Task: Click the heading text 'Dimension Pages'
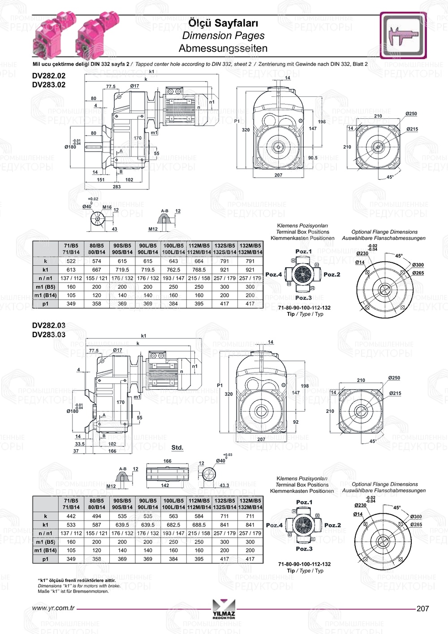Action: (x=223, y=35)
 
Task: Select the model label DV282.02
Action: (x=49, y=76)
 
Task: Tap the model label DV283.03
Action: (x=49, y=334)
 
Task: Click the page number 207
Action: (x=422, y=608)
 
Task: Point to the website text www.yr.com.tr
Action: (x=53, y=608)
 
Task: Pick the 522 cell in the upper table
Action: (x=71, y=261)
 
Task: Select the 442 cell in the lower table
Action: (x=71, y=516)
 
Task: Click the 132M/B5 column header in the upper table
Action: (x=250, y=246)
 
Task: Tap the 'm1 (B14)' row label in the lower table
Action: (x=46, y=550)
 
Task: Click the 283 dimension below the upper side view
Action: (x=116, y=187)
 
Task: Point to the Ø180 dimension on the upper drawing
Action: (x=70, y=147)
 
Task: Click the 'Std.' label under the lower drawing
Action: (x=177, y=447)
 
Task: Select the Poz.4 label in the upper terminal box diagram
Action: (x=274, y=274)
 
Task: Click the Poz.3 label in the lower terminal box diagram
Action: (x=304, y=549)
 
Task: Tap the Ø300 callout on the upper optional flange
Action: (x=418, y=265)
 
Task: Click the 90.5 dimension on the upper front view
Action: (x=313, y=158)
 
